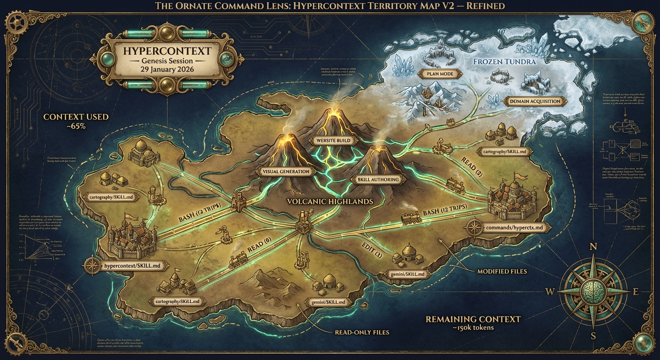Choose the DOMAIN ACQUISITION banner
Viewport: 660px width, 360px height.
coord(534,101)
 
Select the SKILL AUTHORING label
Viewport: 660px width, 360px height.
coord(378,180)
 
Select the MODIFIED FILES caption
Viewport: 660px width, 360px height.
coord(502,271)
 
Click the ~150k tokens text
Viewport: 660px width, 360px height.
coord(473,328)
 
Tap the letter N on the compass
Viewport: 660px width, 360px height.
coord(592,247)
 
